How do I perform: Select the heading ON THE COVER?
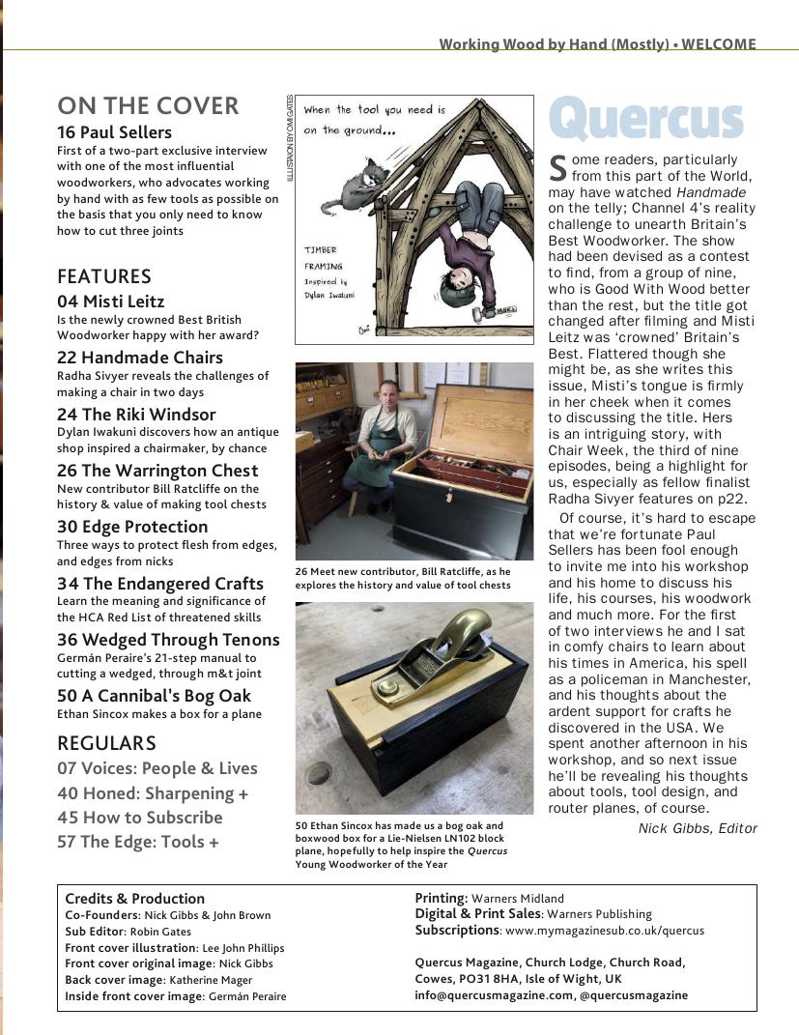tap(148, 105)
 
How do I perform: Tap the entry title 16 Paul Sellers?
tap(114, 132)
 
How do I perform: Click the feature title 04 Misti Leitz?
tap(110, 302)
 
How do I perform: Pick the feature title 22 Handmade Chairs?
tap(139, 358)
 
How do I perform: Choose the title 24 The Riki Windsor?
tap(136, 415)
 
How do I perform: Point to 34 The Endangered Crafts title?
tap(159, 584)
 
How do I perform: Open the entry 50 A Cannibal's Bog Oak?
tap(154, 696)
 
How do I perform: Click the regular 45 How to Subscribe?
tap(139, 818)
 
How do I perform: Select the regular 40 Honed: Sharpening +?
tap(153, 793)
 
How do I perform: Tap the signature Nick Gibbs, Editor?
tap(698, 828)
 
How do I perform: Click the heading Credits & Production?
tap(134, 899)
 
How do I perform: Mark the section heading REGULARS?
tap(106, 743)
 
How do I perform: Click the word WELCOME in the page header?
tap(719, 43)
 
